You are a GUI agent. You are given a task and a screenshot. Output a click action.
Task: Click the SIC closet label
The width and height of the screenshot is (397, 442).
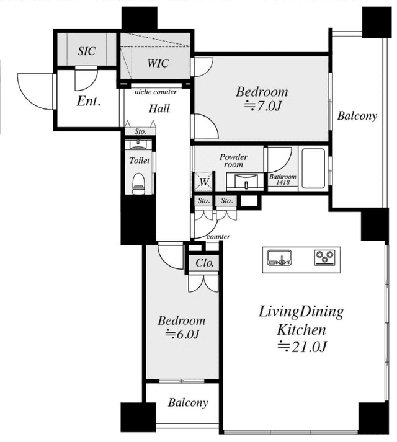[x=87, y=51]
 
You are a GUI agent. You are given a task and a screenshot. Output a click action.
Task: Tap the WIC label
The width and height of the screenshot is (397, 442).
[x=158, y=63]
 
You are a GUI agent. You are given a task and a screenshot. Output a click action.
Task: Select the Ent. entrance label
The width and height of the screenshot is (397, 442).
[x=89, y=101]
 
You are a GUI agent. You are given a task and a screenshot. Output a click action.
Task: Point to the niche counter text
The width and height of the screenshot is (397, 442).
[x=156, y=92]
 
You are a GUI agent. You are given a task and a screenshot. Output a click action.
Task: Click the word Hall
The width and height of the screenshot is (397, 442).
[x=159, y=108]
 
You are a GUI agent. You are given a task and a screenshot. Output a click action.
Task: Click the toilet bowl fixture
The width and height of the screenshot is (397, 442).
[x=138, y=183]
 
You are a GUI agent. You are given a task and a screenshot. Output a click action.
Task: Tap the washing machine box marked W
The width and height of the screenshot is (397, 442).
[x=203, y=181]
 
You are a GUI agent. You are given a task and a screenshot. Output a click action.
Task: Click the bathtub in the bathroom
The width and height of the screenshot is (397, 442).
[x=313, y=168]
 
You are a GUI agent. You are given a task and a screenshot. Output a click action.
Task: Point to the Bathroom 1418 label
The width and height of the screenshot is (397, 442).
[x=283, y=179]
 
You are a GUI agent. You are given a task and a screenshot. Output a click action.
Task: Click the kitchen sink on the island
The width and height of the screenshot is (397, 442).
[x=279, y=258]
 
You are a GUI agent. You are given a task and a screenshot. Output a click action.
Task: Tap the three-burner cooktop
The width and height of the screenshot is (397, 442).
[x=324, y=257]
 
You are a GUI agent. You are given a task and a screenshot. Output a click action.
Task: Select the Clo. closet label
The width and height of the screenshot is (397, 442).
[x=205, y=263]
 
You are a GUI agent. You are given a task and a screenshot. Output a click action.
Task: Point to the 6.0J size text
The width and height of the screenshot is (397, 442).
[x=182, y=334]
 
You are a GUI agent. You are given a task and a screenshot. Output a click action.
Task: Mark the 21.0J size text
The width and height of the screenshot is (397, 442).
[x=302, y=347]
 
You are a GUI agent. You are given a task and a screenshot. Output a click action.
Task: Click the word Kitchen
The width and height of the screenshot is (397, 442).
[x=301, y=330]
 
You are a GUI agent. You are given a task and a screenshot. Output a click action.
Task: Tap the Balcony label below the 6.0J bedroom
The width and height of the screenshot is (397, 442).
[x=188, y=402]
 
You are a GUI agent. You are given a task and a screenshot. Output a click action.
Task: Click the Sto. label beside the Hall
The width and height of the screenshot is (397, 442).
[x=141, y=131]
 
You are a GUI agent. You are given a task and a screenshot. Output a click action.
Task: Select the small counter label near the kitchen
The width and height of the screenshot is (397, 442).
[x=218, y=237]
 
